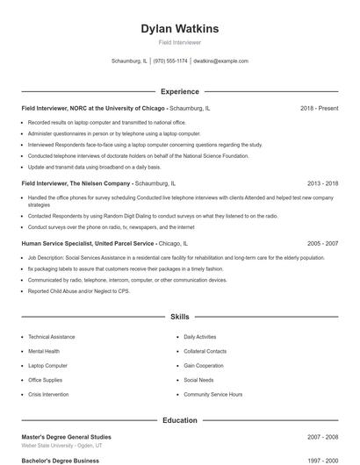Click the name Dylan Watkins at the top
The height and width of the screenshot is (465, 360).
click(x=180, y=29)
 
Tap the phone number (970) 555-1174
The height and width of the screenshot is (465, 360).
click(x=170, y=61)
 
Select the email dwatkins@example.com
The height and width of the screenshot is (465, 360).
click(x=220, y=61)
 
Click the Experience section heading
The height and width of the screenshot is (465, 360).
click(x=180, y=91)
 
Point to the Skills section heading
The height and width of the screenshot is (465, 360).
click(x=180, y=316)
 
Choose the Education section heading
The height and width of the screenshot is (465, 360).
click(x=180, y=420)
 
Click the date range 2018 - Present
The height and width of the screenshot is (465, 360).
click(x=319, y=108)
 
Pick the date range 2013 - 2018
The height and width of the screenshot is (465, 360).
click(x=322, y=183)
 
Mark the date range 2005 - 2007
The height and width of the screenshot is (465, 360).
click(x=322, y=242)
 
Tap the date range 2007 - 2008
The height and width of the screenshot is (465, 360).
click(x=322, y=436)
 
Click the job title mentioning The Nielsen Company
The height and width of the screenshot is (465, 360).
click(x=76, y=183)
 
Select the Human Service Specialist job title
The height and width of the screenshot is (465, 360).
click(x=88, y=242)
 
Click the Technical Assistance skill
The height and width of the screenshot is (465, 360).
click(x=51, y=337)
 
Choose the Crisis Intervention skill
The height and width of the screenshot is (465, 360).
click(x=49, y=395)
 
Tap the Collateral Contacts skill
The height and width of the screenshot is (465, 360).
click(x=205, y=351)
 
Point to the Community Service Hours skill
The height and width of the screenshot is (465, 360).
click(x=212, y=395)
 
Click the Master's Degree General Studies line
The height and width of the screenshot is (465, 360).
click(x=66, y=436)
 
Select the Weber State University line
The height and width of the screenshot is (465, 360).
click(x=62, y=446)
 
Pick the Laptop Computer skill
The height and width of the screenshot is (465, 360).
click(x=47, y=366)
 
